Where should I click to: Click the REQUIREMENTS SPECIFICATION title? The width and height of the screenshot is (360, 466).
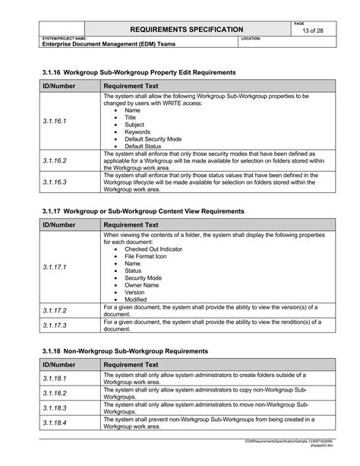pyautogui.click(x=188, y=29)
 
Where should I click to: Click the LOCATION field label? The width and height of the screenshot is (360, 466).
pyautogui.click(x=251, y=38)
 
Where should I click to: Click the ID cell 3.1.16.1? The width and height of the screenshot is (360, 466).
pyautogui.click(x=55, y=121)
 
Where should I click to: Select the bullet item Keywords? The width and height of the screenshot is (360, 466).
pyautogui.click(x=137, y=132)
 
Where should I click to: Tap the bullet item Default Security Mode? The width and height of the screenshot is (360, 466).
pyautogui.click(x=153, y=138)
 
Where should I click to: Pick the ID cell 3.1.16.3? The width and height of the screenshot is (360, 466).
pyautogui.click(x=55, y=182)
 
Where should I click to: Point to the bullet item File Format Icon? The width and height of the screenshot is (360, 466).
pyautogui.click(x=147, y=256)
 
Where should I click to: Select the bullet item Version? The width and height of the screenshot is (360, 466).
pyautogui.click(x=134, y=292)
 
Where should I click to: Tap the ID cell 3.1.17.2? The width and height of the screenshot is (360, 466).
pyautogui.click(x=55, y=311)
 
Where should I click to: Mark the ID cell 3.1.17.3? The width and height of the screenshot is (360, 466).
pyautogui.click(x=55, y=325)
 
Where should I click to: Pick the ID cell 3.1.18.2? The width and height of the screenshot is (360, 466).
pyautogui.click(x=55, y=393)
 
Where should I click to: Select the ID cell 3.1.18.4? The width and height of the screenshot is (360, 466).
pyautogui.click(x=55, y=423)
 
